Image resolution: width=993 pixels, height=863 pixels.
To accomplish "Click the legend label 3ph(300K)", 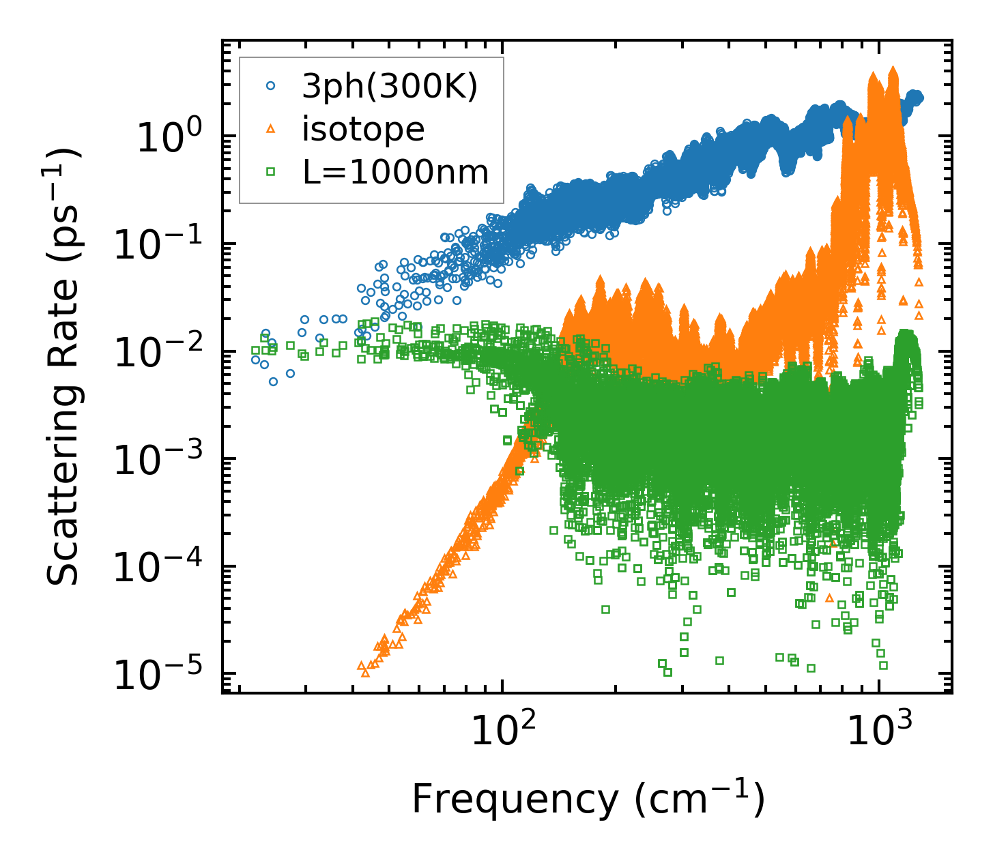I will click(390, 88).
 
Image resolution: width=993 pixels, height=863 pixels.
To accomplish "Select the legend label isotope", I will click(364, 130).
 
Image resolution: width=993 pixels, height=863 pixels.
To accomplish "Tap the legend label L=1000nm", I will click(396, 173).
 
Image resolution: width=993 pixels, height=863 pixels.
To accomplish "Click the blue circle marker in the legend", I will click(270, 87).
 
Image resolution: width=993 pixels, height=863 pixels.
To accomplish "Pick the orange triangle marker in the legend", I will click(270, 129).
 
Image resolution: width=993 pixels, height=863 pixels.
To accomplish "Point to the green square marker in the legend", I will click(270, 173).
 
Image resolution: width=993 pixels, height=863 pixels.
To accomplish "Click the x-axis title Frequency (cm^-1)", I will click(587, 800).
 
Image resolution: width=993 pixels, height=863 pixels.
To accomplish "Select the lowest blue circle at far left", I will click(273, 381).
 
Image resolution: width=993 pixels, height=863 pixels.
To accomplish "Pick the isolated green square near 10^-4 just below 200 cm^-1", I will click(605, 609).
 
